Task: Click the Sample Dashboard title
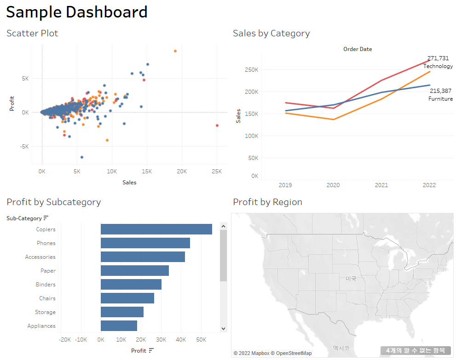coord(77,12)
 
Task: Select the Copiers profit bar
coord(156,229)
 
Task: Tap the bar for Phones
coord(145,243)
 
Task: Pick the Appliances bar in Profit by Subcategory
coord(119,326)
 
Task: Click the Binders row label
coord(46,285)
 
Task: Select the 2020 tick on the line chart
coord(333,185)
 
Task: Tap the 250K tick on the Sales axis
coord(251,70)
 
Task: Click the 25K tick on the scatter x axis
coord(217,171)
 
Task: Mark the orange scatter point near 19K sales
coord(175,51)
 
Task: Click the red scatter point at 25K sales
coord(217,126)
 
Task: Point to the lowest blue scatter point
coord(82,157)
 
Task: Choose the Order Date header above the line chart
coord(358,49)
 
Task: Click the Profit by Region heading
coord(267,202)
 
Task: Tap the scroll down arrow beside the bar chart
coord(224,329)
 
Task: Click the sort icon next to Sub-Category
coord(46,218)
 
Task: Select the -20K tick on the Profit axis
coord(65,340)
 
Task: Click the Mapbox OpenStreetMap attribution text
coord(272,353)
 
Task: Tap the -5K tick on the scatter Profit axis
coord(23,147)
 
